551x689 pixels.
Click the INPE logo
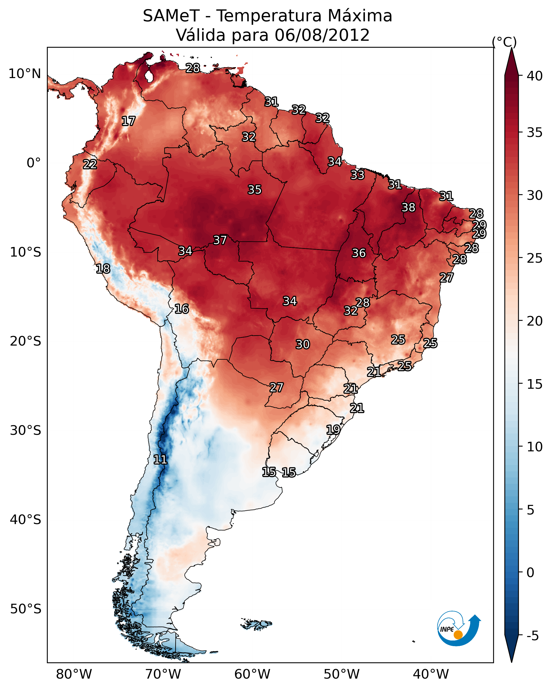click(x=459, y=630)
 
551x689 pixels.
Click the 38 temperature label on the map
click(x=408, y=207)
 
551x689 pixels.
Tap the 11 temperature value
click(x=160, y=460)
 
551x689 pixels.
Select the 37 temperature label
click(x=220, y=240)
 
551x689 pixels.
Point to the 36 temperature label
click(x=359, y=253)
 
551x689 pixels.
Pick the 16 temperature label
click(x=182, y=309)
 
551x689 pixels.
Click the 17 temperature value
click(x=128, y=121)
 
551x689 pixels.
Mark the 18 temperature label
click(x=103, y=269)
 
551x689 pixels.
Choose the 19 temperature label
click(x=333, y=429)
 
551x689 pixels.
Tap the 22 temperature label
click(x=90, y=164)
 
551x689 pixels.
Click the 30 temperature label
click(x=303, y=344)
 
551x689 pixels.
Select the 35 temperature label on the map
click(x=255, y=189)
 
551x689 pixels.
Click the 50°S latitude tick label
click(x=26, y=609)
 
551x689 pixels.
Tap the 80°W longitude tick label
click(x=74, y=674)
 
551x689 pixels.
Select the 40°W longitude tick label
click(x=431, y=674)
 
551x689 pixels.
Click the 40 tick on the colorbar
click(x=535, y=76)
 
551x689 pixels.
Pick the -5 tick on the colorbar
click(x=532, y=636)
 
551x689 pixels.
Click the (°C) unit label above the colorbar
click(x=504, y=42)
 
